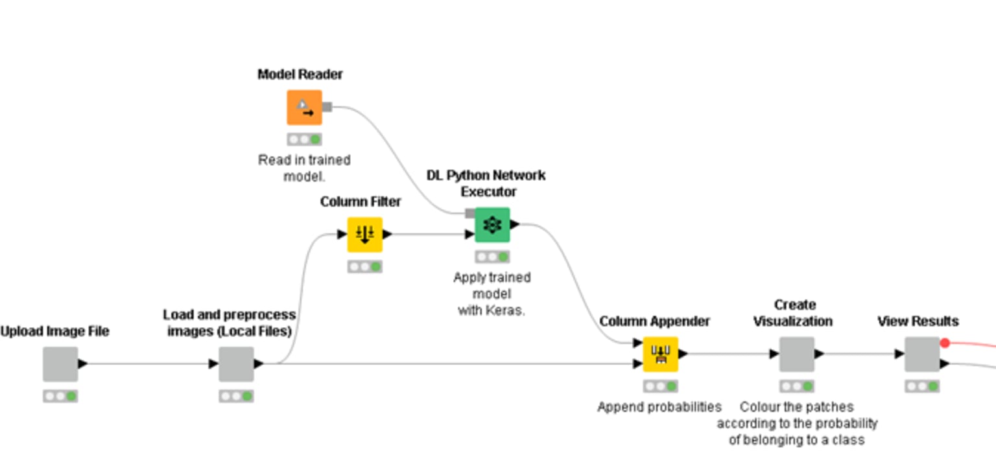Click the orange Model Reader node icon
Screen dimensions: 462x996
(304, 108)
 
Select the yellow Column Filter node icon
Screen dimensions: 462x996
(364, 235)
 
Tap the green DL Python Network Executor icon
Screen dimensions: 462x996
(492, 225)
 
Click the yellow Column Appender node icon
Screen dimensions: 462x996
(661, 354)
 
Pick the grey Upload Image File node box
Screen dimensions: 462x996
(60, 364)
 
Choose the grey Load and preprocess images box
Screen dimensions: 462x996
(236, 364)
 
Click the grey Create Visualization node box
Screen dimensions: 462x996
(796, 354)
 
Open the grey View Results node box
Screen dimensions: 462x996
(922, 354)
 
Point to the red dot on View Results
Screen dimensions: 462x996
(945, 343)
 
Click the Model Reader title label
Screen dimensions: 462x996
(300, 75)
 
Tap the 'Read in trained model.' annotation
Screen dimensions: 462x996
(304, 168)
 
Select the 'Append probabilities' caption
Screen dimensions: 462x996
(659, 407)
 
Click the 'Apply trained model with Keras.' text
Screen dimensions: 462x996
(492, 294)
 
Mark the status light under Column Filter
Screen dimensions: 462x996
(364, 266)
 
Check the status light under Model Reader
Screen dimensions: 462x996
(304, 139)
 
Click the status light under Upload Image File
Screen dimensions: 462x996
(60, 396)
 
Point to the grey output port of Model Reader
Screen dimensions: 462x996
(327, 107)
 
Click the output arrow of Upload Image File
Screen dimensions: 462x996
(82, 364)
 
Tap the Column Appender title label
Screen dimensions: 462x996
(654, 321)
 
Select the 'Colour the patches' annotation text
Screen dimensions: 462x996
(796, 424)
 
